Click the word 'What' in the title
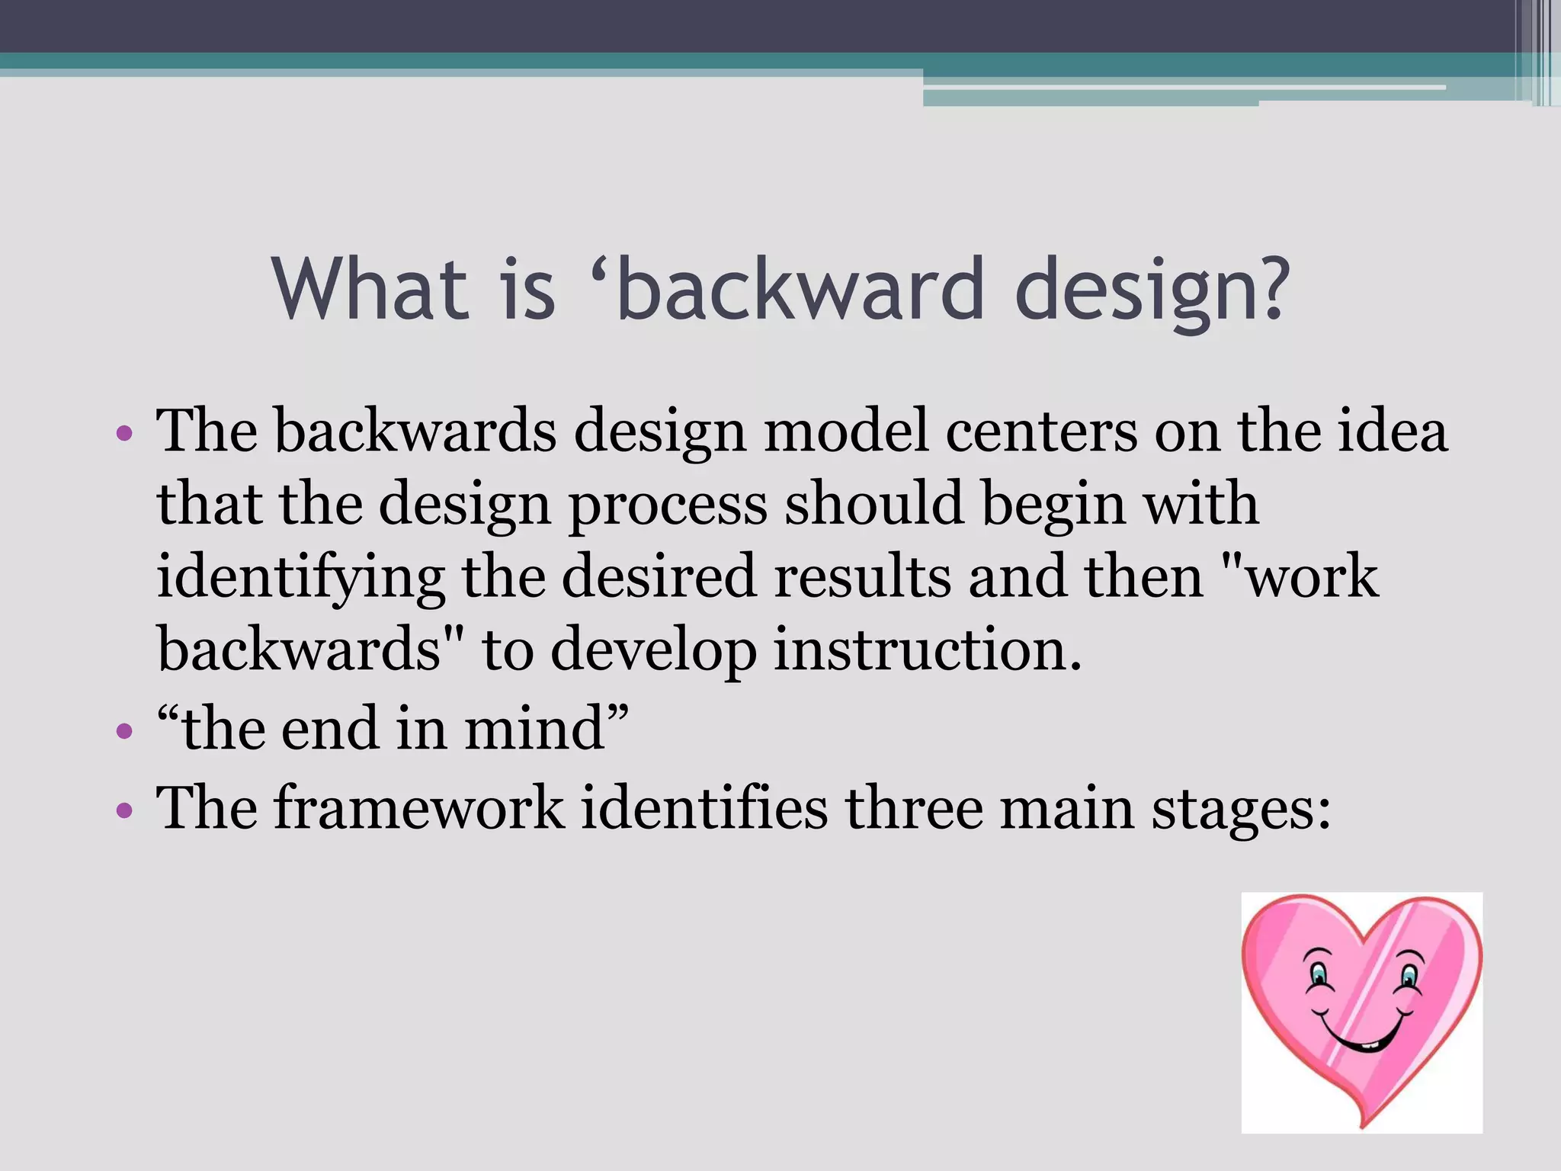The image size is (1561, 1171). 370,289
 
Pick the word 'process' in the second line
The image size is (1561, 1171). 668,505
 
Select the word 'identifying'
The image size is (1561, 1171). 300,578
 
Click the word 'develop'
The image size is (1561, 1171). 652,650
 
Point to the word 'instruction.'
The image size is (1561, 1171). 928,649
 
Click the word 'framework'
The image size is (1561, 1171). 419,807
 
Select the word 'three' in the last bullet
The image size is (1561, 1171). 913,807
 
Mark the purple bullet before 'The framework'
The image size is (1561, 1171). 124,810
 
